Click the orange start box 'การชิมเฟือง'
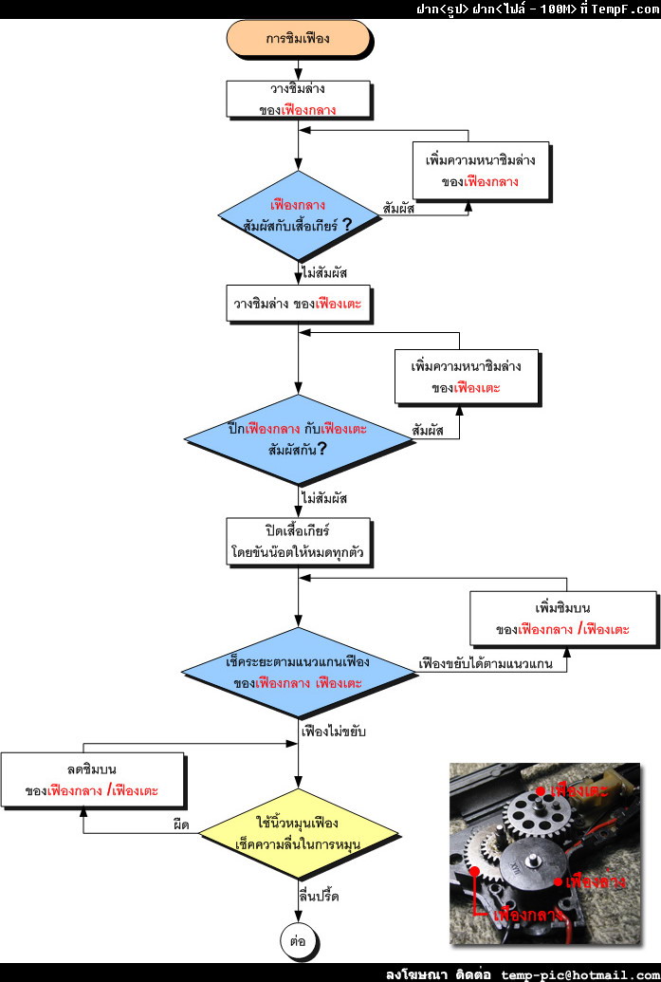(x=298, y=42)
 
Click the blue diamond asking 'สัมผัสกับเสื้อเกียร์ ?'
(x=298, y=216)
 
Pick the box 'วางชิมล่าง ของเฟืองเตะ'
(x=298, y=306)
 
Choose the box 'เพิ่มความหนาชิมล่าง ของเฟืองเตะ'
(x=465, y=376)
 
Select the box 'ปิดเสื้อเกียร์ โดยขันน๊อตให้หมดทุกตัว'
(x=298, y=540)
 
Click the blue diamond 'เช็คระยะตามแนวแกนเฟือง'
(x=298, y=671)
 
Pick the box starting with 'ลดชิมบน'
(x=92, y=779)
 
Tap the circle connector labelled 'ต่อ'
(x=298, y=941)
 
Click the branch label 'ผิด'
(x=180, y=825)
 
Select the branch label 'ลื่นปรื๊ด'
(x=320, y=896)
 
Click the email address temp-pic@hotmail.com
(x=578, y=973)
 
